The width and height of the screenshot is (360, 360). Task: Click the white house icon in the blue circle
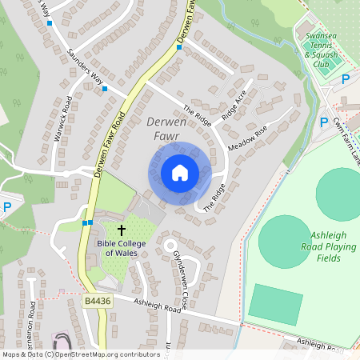[180, 172]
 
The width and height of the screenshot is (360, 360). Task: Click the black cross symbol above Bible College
[122, 231]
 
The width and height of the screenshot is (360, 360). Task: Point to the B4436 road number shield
[95, 300]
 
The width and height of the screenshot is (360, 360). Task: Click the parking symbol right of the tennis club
[346, 79]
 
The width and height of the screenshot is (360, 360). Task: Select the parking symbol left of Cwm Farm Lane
[324, 122]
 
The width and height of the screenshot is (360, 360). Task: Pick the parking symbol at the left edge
[7, 206]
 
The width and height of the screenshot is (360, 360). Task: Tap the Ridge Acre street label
[234, 105]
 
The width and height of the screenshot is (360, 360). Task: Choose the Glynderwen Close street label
[179, 268]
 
